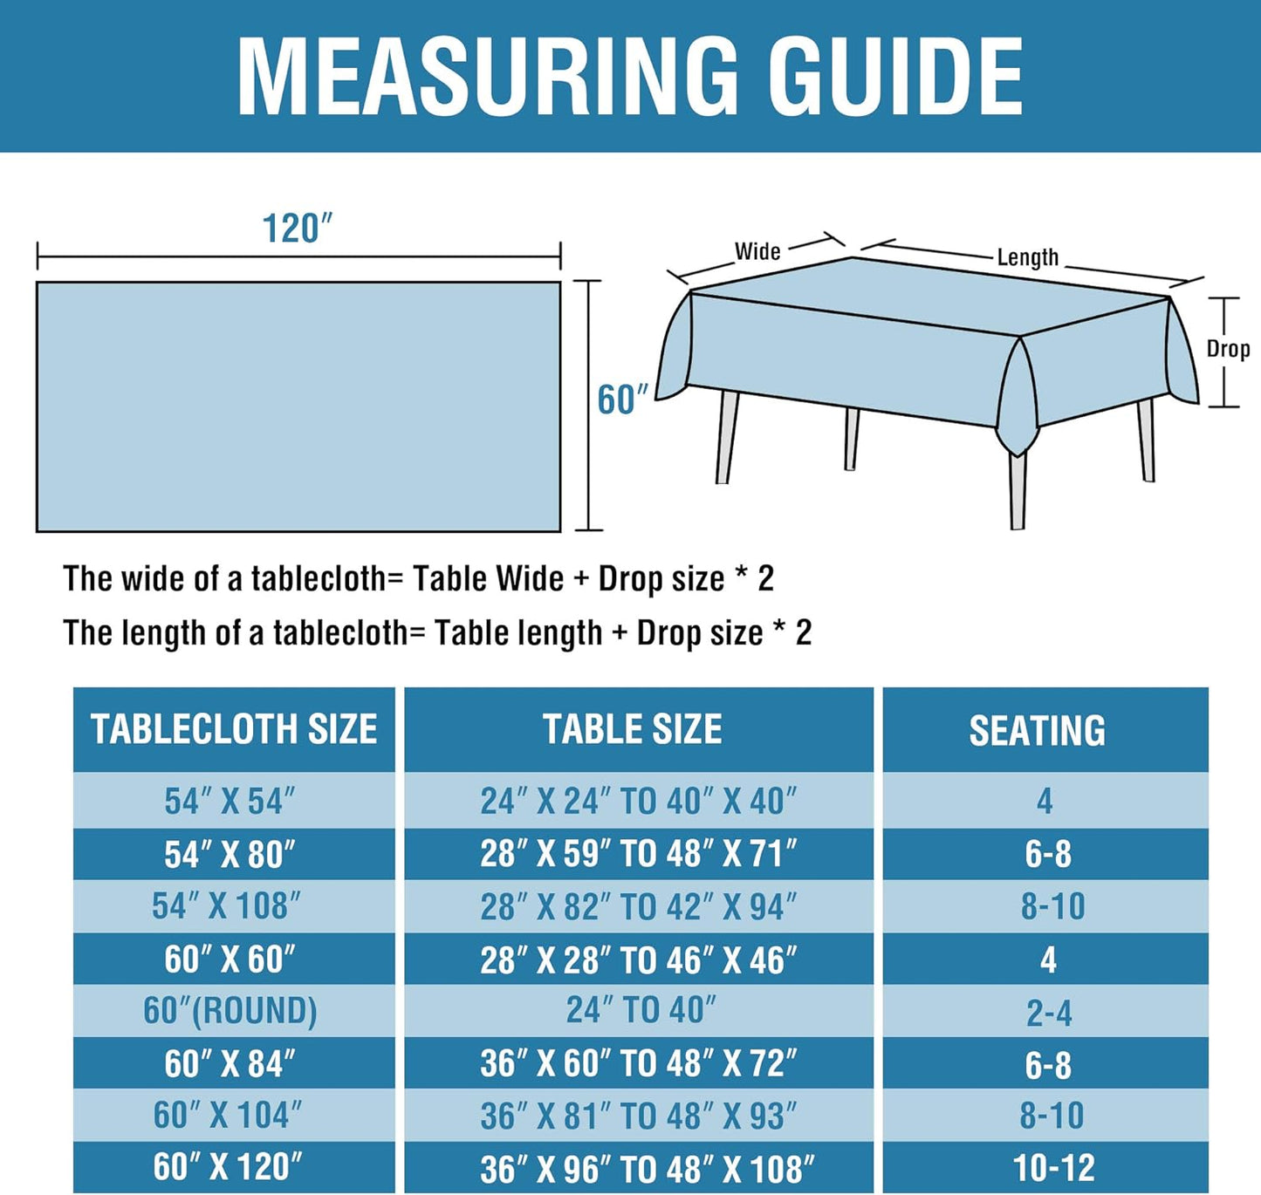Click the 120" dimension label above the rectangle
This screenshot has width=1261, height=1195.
[298, 229]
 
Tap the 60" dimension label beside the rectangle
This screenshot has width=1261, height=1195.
[622, 399]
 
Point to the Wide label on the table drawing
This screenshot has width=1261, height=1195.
[757, 251]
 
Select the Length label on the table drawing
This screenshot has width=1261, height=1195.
[1027, 257]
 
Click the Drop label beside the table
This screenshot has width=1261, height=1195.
[1228, 349]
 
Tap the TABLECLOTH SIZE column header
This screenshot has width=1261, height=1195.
[234, 729]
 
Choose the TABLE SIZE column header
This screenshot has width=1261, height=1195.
[633, 729]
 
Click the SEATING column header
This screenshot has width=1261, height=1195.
[1037, 731]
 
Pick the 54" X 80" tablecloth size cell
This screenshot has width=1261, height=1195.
[230, 855]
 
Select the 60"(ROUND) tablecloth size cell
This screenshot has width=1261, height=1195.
[230, 1011]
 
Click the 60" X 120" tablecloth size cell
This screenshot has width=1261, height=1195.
[229, 1167]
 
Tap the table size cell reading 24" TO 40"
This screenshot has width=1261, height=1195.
[641, 1011]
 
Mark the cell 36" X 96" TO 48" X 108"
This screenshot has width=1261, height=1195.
[647, 1169]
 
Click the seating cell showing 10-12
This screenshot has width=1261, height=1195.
[1053, 1168]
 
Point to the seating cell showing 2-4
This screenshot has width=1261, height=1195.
[1049, 1013]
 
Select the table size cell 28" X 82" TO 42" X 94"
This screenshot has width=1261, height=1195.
[639, 907]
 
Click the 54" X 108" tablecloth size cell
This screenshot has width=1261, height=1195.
[227, 906]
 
